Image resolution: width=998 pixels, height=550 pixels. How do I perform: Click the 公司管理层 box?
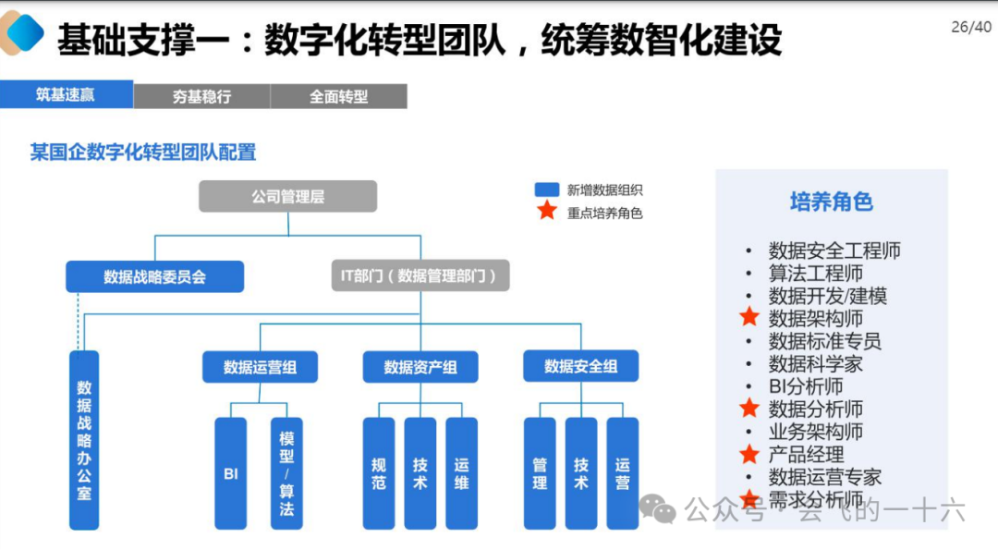(x=287, y=197)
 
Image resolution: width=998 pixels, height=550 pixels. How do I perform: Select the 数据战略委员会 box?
(x=154, y=276)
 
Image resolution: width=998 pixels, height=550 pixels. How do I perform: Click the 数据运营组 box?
(x=260, y=367)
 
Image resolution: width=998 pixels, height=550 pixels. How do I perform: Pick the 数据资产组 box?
(x=420, y=367)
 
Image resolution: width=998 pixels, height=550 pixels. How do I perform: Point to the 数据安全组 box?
(x=581, y=367)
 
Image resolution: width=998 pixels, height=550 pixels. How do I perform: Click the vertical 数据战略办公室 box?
(x=84, y=440)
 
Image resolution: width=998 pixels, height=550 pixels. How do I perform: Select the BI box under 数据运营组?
(x=231, y=473)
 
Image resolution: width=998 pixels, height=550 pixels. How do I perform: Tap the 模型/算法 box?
(x=286, y=473)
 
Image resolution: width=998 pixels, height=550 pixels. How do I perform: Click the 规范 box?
(x=379, y=473)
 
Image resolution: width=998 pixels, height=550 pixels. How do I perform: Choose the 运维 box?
(x=462, y=473)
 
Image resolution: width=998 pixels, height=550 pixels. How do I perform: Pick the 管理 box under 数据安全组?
(x=540, y=473)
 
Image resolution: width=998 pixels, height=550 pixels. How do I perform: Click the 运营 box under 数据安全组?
(x=623, y=473)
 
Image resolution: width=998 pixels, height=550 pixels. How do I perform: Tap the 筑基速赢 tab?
(x=66, y=95)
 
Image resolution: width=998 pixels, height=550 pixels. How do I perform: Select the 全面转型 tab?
(x=338, y=96)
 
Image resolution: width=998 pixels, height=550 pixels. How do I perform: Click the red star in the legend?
(x=547, y=211)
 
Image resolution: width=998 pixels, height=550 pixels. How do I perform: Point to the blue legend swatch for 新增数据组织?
(x=547, y=189)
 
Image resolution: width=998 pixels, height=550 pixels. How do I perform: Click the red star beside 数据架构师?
(x=749, y=317)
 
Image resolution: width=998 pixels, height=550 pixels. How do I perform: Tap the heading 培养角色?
(x=831, y=202)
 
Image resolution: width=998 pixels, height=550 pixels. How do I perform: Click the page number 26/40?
(x=970, y=27)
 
